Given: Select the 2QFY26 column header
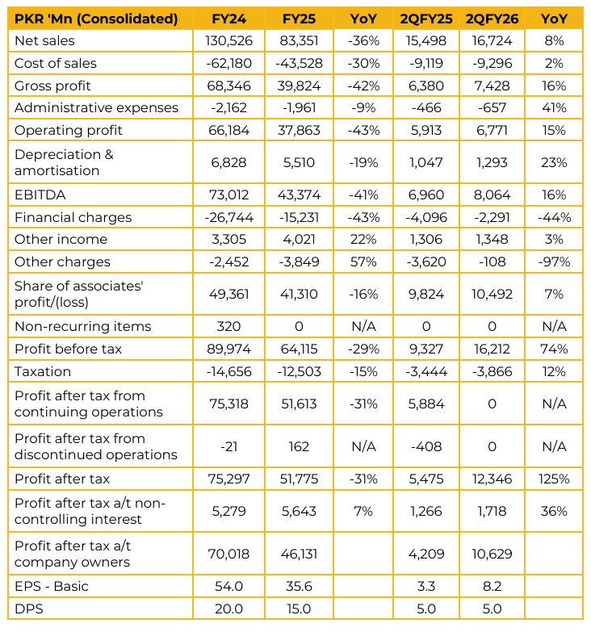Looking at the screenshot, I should click(492, 19).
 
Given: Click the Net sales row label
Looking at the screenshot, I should click(44, 40).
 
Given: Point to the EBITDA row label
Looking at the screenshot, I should click(40, 195).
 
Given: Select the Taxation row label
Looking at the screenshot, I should click(43, 371).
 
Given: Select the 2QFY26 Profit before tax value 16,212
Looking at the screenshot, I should click(492, 349).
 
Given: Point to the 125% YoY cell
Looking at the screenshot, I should click(555, 479).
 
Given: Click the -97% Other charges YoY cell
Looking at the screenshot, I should click(555, 262).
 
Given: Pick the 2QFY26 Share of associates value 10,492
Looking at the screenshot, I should click(492, 295).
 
